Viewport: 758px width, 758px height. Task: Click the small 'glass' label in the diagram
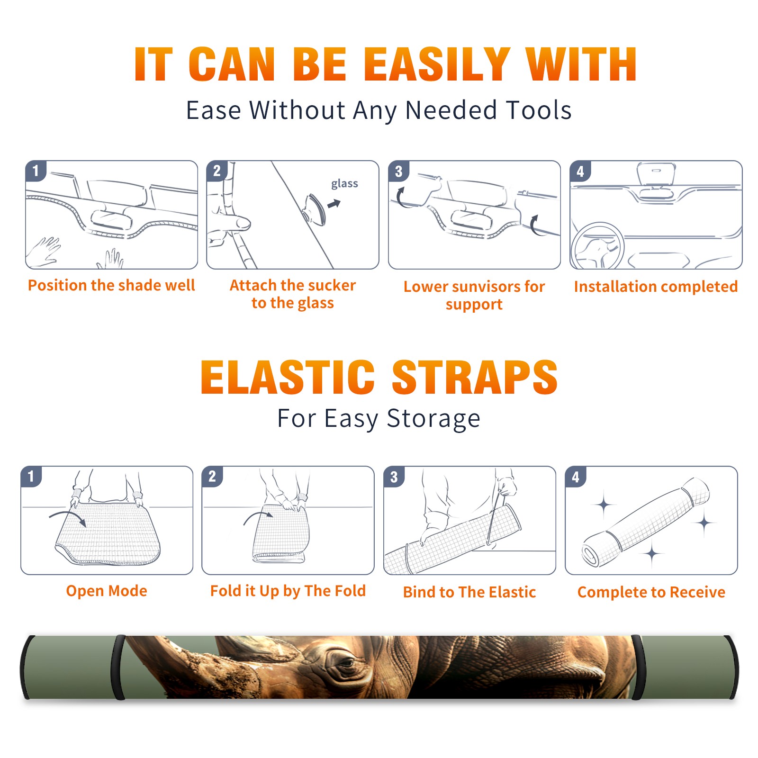(x=344, y=183)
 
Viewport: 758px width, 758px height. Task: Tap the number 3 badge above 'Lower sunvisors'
(x=398, y=171)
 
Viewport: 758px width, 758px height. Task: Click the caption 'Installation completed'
(x=656, y=286)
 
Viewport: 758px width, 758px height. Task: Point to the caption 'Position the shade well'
(x=111, y=285)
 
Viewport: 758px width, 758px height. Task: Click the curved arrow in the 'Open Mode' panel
(x=67, y=517)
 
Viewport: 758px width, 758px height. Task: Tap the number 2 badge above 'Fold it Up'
(x=212, y=476)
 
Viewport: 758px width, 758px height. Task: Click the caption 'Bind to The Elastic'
(x=469, y=592)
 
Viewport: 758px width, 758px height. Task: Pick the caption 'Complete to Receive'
(x=651, y=592)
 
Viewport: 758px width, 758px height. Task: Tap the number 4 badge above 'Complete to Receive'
(x=575, y=476)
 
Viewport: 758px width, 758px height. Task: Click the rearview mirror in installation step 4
(x=656, y=174)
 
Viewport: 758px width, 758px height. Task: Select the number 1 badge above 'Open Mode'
(x=31, y=476)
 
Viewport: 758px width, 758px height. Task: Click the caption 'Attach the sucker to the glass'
(x=293, y=294)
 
